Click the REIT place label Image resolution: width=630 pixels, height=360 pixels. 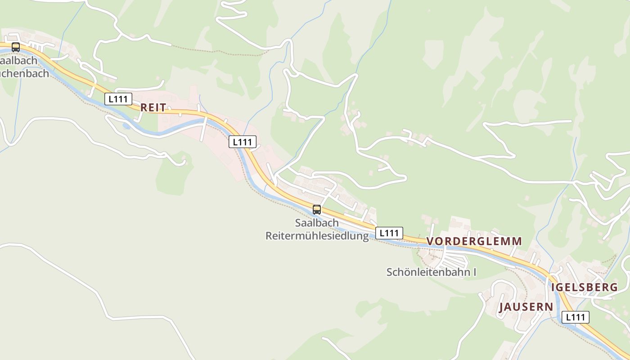[153, 107]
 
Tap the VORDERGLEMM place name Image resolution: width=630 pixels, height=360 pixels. [474, 241]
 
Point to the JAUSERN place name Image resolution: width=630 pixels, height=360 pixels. [526, 307]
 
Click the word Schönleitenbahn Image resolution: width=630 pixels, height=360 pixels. [428, 272]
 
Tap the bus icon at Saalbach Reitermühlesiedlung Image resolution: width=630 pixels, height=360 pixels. [317, 209]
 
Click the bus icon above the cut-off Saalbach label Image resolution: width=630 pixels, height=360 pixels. [16, 47]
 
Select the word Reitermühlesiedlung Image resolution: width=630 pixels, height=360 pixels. [317, 236]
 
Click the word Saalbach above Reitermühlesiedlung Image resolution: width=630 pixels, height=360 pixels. [317, 223]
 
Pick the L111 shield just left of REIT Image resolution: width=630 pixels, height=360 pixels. [118, 99]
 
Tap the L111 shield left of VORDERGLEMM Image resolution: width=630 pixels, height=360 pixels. [389, 233]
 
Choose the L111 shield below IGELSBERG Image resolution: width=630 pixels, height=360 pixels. [575, 317]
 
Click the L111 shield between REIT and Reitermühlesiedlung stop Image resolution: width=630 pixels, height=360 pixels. [243, 142]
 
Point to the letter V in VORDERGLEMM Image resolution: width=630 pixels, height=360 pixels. [430, 241]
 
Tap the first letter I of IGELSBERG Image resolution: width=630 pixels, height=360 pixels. [553, 287]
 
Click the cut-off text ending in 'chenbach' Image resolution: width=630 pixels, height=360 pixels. [24, 73]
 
